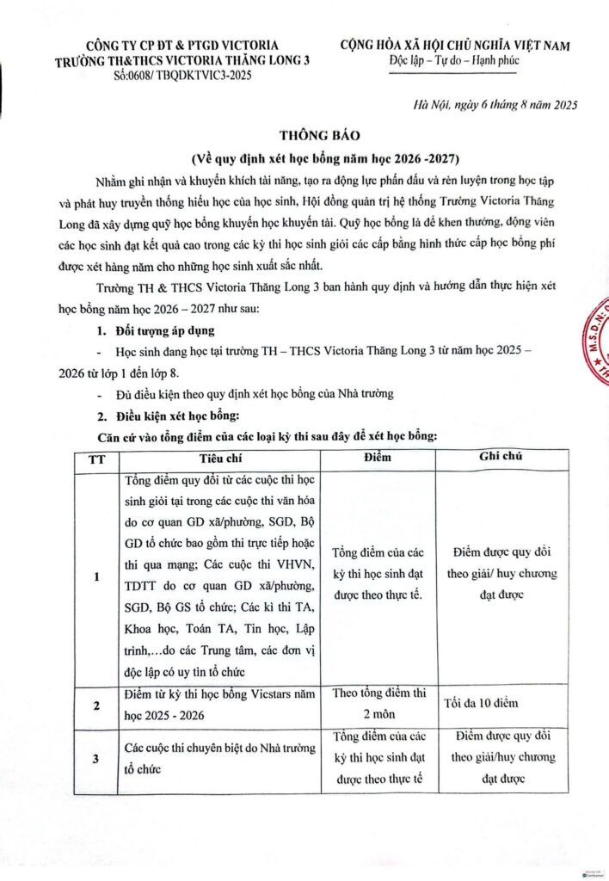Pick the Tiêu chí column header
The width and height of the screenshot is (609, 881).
point(220,458)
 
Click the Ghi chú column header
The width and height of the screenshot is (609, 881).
point(503,458)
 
